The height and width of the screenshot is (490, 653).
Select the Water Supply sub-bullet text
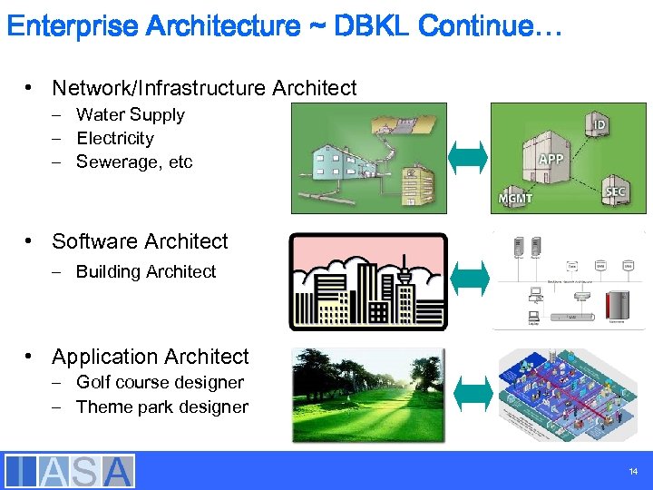coord(130,114)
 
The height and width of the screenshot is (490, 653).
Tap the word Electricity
coord(115,138)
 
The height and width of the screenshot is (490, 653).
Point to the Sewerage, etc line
coord(134,162)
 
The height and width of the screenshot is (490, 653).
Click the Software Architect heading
coord(140,241)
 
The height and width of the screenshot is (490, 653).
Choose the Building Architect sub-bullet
coord(146,271)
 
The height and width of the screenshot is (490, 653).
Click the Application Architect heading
coord(150,357)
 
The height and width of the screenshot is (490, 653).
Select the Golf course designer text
coord(160,382)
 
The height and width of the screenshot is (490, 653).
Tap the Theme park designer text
coord(161,407)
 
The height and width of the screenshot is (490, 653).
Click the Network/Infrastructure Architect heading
coord(204,88)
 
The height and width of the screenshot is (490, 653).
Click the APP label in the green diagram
coord(551,159)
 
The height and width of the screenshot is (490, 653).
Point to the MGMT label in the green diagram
coord(515,199)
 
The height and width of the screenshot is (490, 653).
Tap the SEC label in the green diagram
coord(615,191)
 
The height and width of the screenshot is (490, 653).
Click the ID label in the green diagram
coord(599,122)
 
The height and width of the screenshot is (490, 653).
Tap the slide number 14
coord(632,471)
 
